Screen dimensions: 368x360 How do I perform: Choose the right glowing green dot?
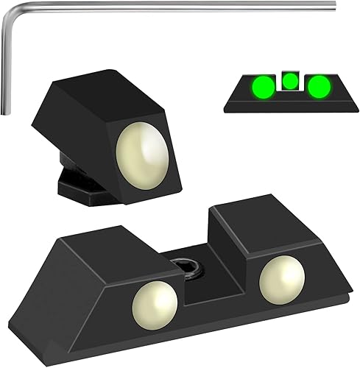click(x=319, y=88)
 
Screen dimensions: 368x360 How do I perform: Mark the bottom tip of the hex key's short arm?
click(x=7, y=113)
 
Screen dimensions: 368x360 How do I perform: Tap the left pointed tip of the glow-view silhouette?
click(x=227, y=107)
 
